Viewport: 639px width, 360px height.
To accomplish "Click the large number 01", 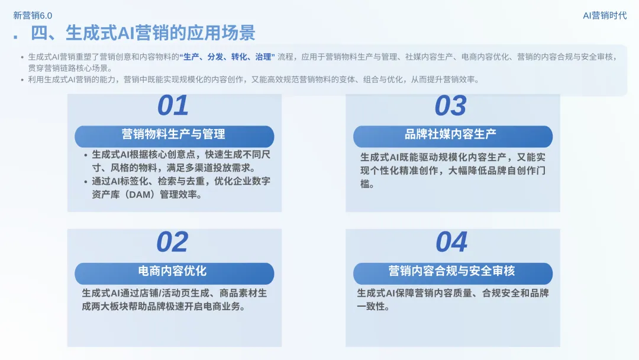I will click(x=173, y=106).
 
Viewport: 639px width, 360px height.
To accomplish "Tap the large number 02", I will click(x=172, y=242).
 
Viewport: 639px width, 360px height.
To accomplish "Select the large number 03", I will click(x=451, y=106).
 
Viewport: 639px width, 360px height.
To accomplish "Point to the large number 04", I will click(x=451, y=242).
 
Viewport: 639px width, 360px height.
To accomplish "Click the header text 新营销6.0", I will click(x=33, y=15).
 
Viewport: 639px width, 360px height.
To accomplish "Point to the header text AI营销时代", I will click(x=605, y=15).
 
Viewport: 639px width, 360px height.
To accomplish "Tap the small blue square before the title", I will click(x=15, y=37).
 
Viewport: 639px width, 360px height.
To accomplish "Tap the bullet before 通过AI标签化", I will click(x=86, y=182).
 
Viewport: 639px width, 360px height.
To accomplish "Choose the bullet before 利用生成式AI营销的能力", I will click(x=22, y=79).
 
